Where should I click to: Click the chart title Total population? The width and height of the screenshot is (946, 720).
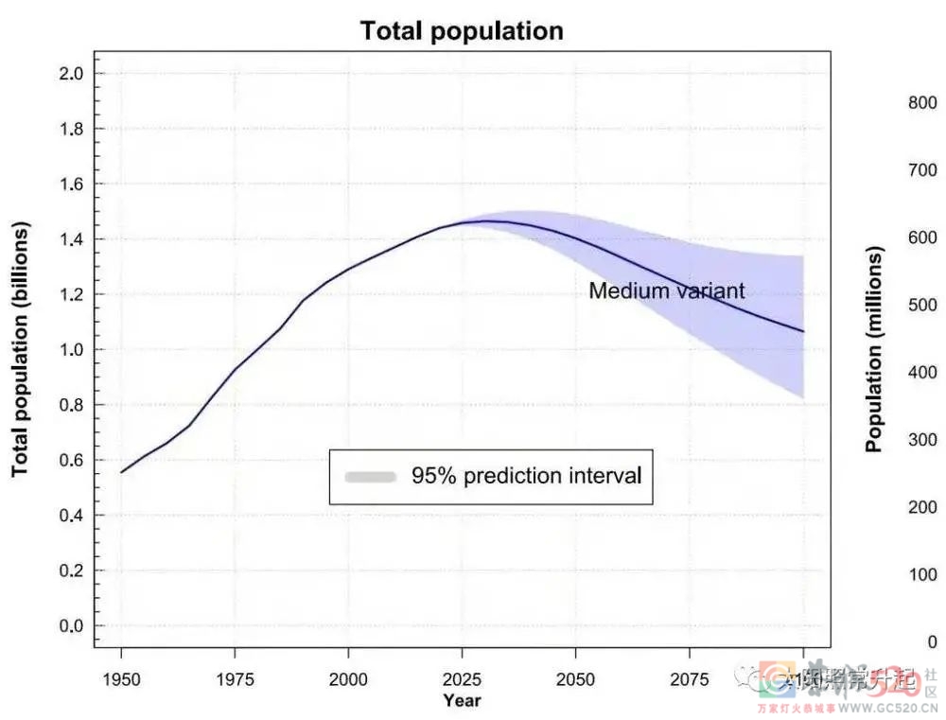point(462,30)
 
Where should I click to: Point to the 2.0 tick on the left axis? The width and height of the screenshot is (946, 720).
point(73,74)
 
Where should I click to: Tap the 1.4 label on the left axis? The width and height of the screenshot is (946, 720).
point(73,239)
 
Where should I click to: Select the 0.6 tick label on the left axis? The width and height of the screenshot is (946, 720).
point(73,461)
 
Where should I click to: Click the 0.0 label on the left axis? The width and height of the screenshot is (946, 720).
point(73,626)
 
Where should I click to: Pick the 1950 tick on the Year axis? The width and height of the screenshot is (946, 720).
point(121,679)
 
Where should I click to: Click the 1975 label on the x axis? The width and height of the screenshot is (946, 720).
point(235,679)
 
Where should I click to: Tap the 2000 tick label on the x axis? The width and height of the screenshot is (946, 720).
point(348,679)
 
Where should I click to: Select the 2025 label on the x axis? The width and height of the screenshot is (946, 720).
point(462,679)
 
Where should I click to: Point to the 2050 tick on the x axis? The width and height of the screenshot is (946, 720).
point(575,679)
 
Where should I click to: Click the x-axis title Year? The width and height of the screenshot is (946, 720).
point(462,701)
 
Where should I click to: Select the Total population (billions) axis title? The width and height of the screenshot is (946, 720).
point(21,350)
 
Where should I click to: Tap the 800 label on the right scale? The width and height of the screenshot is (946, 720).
point(922,103)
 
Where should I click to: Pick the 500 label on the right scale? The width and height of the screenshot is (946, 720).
point(922,306)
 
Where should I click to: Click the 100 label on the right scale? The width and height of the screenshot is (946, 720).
point(922,575)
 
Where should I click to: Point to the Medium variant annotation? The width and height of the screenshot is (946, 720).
point(667,290)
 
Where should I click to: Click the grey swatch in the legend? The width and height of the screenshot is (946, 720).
point(370,477)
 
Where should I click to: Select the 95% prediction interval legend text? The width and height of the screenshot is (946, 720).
point(526,476)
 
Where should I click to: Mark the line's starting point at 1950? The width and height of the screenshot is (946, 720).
point(121,472)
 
